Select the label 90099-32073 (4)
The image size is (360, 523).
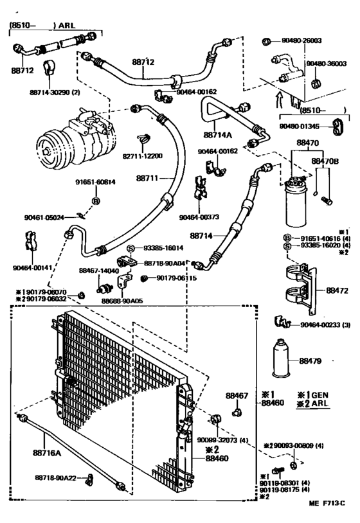coord(222,441)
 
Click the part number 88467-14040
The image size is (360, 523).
coord(98,271)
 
